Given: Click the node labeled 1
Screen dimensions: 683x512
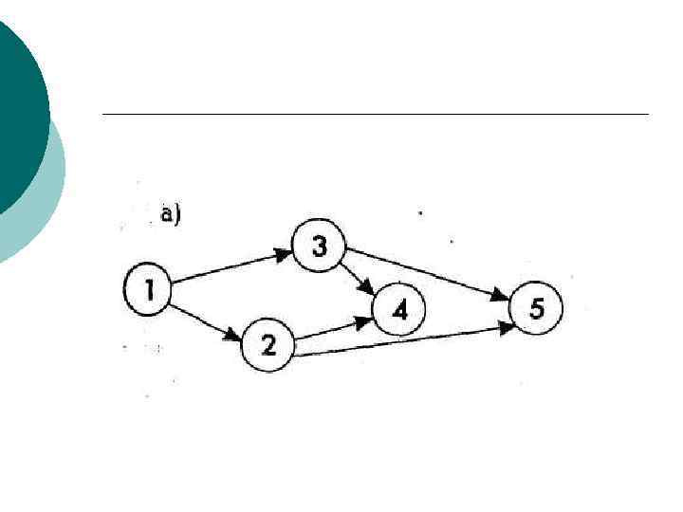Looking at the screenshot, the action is pos(147,289).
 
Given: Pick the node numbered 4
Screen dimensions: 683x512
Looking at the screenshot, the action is pos(399,310).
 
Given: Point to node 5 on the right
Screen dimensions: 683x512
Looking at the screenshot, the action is pos(536,309).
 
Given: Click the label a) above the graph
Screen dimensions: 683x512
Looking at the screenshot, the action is pos(171,215).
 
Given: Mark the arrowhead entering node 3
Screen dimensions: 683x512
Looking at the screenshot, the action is pos(284,253).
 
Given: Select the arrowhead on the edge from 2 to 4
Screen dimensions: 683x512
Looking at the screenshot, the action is pos(363,323).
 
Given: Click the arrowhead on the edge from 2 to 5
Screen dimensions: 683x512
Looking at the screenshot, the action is pos(505,327).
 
